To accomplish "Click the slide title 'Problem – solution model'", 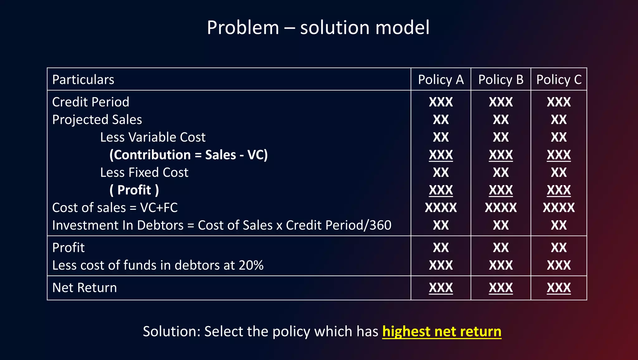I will [x=318, y=27].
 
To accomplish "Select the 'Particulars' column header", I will [x=83, y=80].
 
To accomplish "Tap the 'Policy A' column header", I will [x=440, y=80].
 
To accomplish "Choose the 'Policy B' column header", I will [x=501, y=80].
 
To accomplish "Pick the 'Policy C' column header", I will [x=559, y=80].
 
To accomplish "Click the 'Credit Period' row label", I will [x=90, y=102].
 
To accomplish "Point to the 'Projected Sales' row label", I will [x=97, y=120].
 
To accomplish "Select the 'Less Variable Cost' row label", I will [x=153, y=137].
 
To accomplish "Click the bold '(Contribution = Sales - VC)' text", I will [x=188, y=155].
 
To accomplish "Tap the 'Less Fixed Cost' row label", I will [x=144, y=173].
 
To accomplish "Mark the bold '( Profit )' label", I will [x=134, y=190].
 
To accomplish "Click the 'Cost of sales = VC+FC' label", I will [x=115, y=208].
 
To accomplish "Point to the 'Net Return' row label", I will [x=84, y=288].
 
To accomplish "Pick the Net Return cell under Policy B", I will [x=501, y=288].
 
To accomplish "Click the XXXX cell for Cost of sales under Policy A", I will [x=440, y=208].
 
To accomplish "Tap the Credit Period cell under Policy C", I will [x=559, y=102].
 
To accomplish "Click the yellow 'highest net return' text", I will [x=442, y=331].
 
